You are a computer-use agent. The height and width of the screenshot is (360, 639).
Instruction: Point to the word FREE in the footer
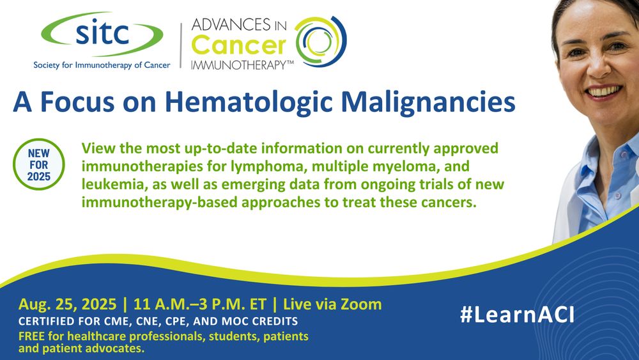point(33,336)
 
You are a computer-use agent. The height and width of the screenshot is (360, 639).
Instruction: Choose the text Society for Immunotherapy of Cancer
point(102,65)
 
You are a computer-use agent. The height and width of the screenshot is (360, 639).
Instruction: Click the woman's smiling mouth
point(603,91)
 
